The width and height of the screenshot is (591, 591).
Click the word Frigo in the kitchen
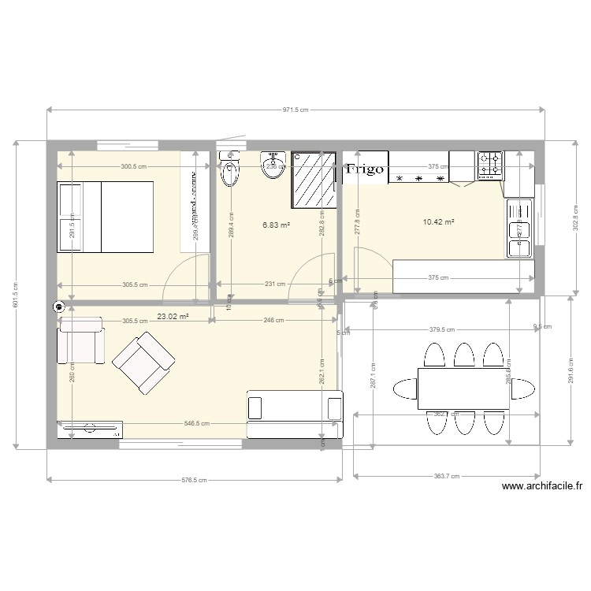coord(365,169)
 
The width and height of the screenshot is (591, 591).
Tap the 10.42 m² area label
coord(439,222)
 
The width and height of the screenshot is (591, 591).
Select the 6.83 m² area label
coord(276,225)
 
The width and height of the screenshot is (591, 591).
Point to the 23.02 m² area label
coord(172,317)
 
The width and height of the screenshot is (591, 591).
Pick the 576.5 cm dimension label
coord(194,479)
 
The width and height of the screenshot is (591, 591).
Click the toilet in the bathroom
coord(230,171)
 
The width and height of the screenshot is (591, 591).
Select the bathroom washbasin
coord(273,164)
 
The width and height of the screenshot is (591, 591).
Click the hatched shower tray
coord(314,178)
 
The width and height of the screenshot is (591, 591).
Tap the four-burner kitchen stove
coord(489,164)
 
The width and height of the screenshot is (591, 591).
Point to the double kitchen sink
coord(519,229)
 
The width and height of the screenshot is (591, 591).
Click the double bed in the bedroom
coord(105,217)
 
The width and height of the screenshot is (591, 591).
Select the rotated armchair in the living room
coord(143,362)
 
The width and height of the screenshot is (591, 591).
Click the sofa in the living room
coord(295,414)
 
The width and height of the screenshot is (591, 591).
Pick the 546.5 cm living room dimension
coord(197,423)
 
